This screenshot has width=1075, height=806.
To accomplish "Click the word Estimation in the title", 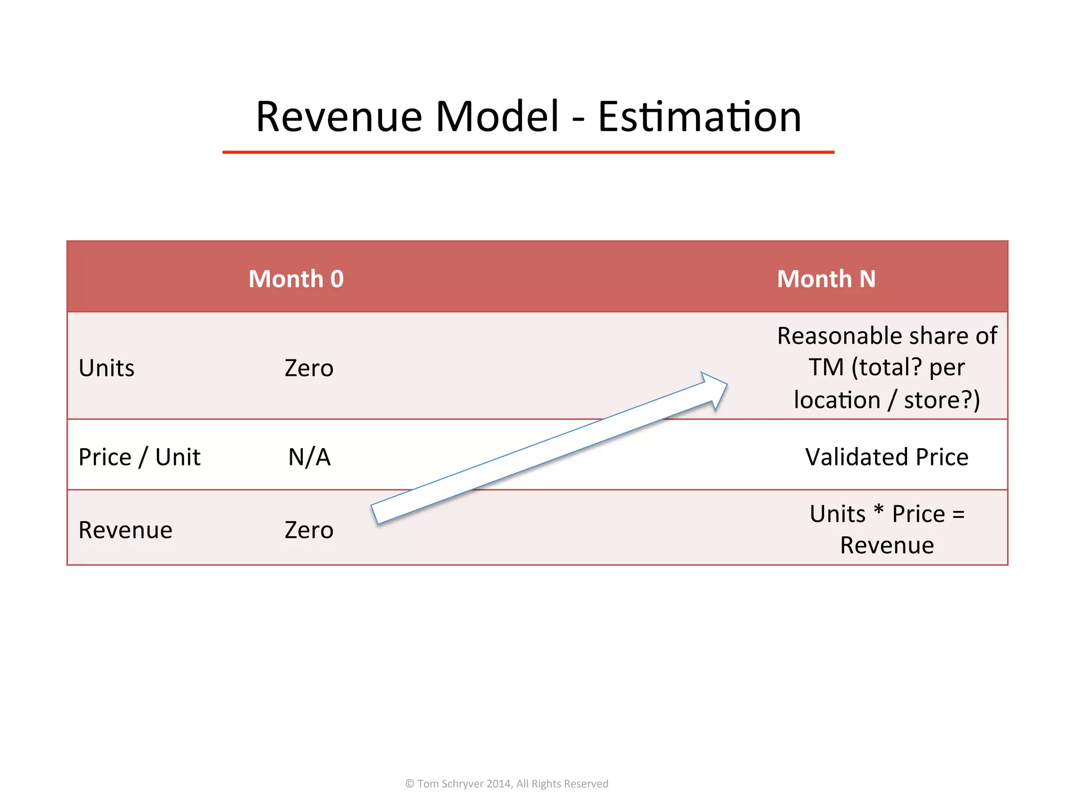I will [699, 116].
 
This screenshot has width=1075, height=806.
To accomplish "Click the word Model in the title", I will [497, 116].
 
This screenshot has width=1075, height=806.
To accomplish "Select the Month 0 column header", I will [296, 279].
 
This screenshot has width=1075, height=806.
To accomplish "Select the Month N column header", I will [826, 279].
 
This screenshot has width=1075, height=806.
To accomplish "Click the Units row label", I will [107, 368].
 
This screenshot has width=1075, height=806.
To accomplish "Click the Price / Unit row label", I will [139, 457].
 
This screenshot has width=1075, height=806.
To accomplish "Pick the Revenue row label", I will [125, 530].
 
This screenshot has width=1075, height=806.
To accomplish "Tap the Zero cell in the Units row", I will [309, 368].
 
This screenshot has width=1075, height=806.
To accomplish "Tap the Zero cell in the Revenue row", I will [309, 530].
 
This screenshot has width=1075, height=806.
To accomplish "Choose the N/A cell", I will [309, 457].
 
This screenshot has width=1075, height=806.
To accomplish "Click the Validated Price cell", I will [887, 457].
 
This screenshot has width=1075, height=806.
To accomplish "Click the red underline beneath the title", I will [528, 152].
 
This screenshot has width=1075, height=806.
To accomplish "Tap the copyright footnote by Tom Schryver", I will [507, 783].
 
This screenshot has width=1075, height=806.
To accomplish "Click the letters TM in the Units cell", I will [826, 367].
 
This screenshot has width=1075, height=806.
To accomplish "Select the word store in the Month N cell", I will [932, 400].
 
